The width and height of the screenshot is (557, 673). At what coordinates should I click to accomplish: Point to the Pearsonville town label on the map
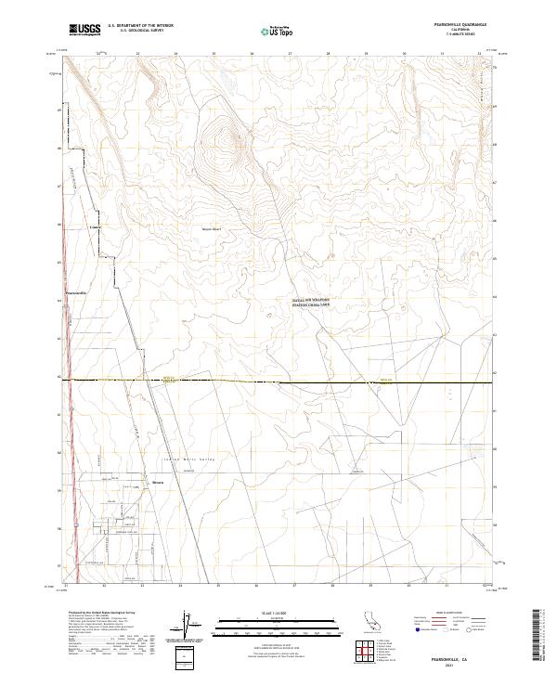76,292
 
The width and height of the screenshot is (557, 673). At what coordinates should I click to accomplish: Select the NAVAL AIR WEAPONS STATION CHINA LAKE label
312,303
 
